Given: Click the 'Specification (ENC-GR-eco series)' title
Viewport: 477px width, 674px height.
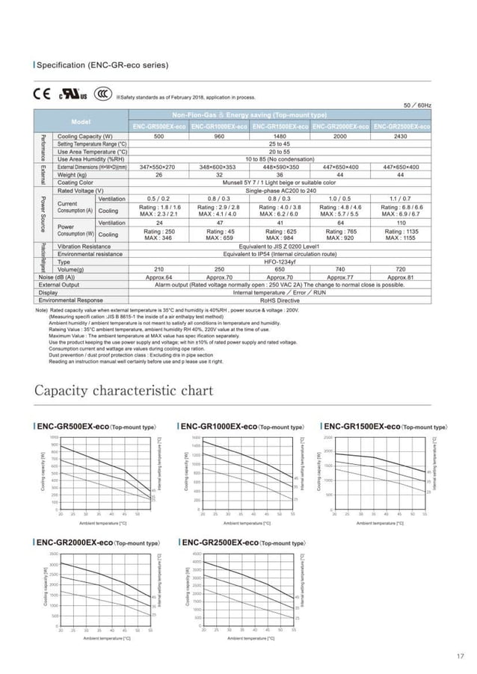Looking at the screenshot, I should [x=102, y=65].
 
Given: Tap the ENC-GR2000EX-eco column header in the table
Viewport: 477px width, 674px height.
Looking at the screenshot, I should [x=342, y=127].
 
